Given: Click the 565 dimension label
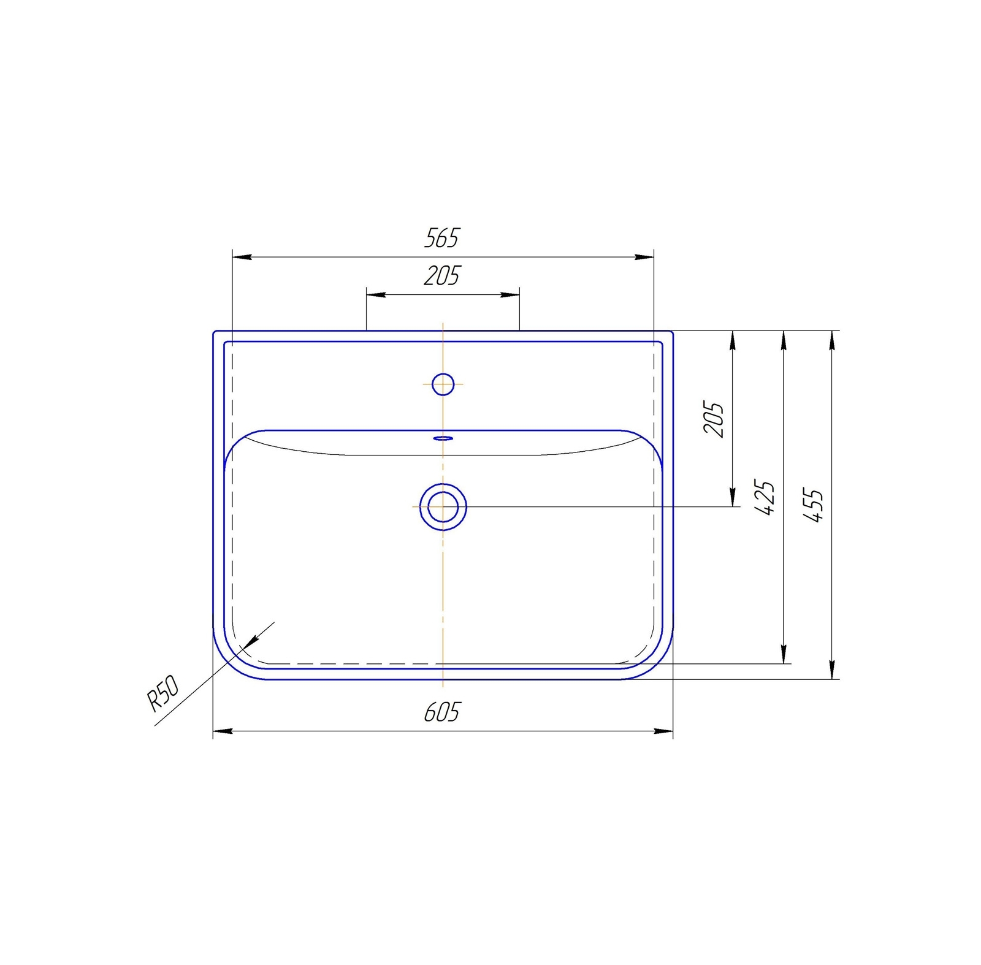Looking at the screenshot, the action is (x=441, y=237).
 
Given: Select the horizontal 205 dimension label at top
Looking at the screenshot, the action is (x=441, y=275).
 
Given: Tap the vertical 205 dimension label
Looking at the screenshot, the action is (x=713, y=419).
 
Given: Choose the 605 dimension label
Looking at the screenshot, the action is (x=441, y=712).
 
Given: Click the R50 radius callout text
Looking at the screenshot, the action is (x=163, y=693).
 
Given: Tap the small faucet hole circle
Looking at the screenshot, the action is (x=443, y=384).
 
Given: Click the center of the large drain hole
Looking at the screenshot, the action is (x=443, y=507).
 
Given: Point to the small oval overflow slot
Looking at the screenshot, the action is (x=443, y=438).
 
